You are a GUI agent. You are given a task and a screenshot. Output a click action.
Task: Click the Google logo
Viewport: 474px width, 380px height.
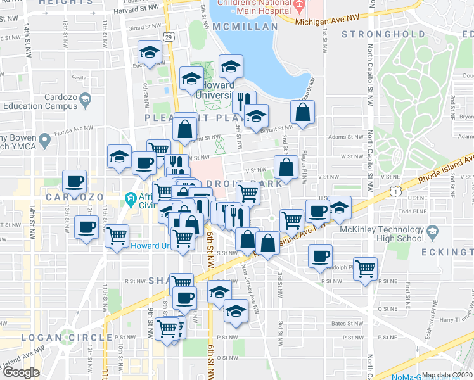pyautogui.click(x=21, y=372)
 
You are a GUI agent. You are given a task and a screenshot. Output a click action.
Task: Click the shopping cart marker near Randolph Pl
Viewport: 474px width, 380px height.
pyautogui.click(x=366, y=268)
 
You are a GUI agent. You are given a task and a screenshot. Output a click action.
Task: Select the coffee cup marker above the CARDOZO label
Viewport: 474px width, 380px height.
pyautogui.click(x=75, y=182)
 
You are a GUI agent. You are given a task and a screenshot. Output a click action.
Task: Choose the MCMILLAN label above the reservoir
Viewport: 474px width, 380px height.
pyautogui.click(x=245, y=27)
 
